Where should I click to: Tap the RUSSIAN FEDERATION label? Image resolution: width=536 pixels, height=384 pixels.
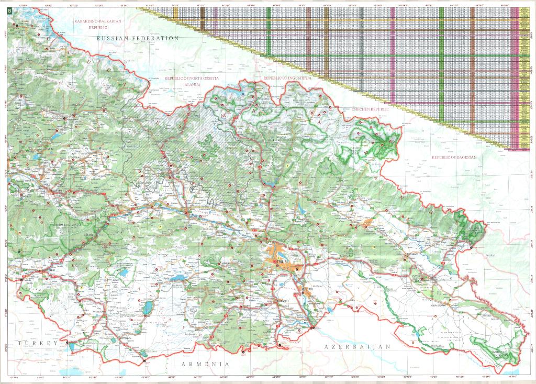138,39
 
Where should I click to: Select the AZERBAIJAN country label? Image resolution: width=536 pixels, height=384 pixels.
358,347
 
